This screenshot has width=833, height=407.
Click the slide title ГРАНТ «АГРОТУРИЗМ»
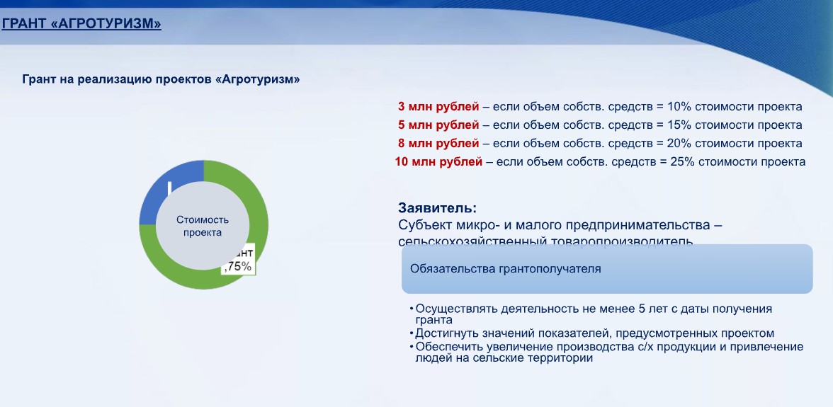[81, 24]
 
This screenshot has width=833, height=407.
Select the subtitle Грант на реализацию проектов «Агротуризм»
[161, 80]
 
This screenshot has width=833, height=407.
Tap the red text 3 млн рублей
[438, 107]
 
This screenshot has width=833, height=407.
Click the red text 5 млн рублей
[438, 125]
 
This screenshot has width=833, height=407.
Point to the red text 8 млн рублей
[438, 144]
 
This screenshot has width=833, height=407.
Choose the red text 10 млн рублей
[438, 162]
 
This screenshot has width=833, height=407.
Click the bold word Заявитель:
[437, 209]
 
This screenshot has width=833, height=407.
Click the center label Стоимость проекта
[203, 226]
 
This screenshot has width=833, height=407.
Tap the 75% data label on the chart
[239, 266]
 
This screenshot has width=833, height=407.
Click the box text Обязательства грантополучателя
[506, 269]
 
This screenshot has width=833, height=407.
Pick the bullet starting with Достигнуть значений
[594, 333]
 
